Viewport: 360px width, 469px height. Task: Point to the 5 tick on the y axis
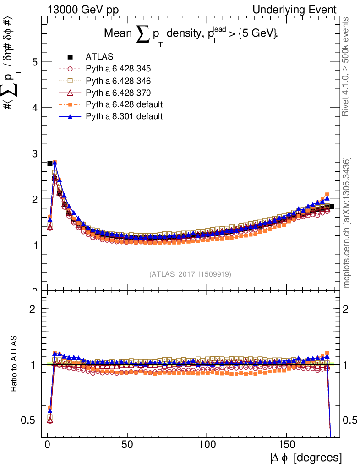(35, 61)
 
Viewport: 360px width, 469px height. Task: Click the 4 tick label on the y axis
(35, 107)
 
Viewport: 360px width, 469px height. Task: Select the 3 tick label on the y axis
(35, 153)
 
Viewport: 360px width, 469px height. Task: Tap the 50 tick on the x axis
(127, 445)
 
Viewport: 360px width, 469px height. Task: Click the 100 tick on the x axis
(207, 445)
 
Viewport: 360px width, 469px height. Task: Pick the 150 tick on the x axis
(287, 445)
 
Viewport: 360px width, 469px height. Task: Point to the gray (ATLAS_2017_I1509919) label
(190, 274)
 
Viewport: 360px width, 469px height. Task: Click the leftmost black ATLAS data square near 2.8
(50, 163)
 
